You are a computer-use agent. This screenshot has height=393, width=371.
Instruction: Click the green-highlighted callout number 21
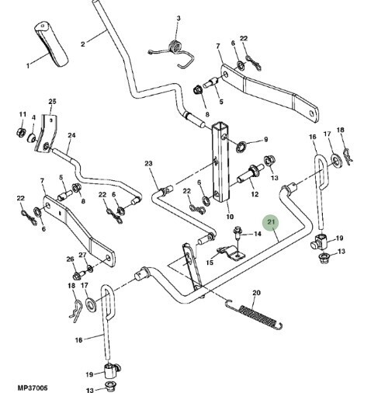tap(271, 222)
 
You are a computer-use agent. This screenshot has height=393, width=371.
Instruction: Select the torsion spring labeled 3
tap(172, 54)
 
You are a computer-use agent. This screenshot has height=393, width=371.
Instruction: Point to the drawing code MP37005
tap(33, 388)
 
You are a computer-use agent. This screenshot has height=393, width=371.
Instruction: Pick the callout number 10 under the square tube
tap(230, 216)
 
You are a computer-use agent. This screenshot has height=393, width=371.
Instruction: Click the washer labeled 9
tap(241, 147)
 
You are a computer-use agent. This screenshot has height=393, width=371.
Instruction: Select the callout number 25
tap(52, 101)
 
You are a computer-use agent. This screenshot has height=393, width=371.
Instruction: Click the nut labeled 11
tap(20, 132)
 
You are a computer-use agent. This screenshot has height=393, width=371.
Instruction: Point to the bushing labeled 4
tap(32, 137)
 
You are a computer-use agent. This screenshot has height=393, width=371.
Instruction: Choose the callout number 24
tap(71, 135)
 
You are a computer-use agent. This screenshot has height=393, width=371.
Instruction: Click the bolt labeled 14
tap(238, 231)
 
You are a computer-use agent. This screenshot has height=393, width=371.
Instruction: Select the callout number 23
tap(148, 163)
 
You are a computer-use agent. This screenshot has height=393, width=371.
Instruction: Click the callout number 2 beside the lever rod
tap(83, 44)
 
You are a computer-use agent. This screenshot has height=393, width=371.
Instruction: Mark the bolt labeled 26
tap(78, 276)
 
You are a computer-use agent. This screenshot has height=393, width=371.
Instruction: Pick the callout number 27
tap(82, 255)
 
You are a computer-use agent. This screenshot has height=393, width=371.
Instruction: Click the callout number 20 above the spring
tap(256, 293)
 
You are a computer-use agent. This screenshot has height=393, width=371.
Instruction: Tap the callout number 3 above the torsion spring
tap(179, 18)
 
